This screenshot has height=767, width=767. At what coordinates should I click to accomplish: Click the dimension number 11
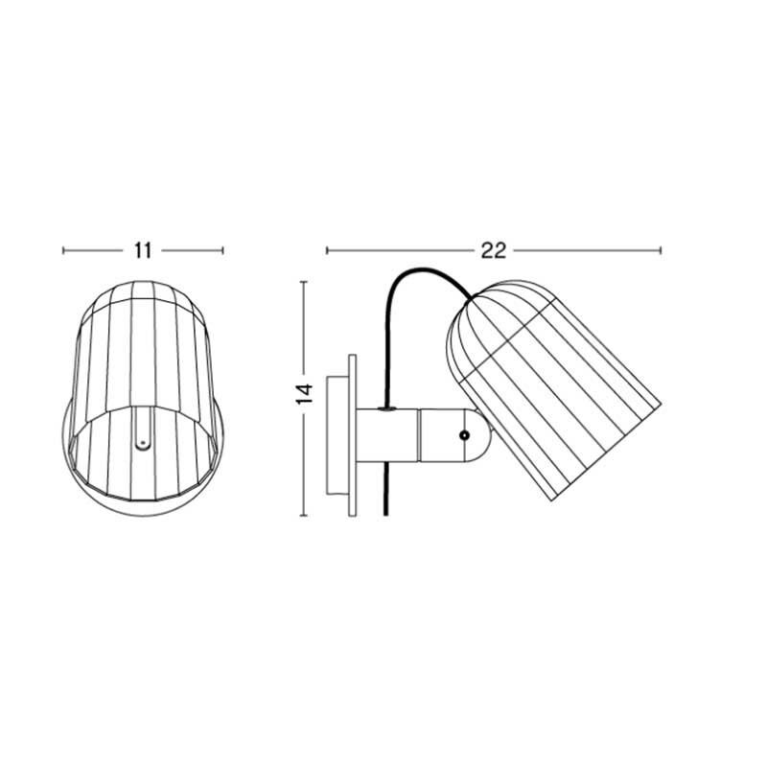click(x=144, y=251)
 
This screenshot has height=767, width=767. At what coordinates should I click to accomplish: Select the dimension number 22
click(x=494, y=251)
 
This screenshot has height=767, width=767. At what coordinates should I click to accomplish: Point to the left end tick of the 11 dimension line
click(x=63, y=251)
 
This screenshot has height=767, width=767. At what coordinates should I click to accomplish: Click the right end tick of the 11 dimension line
click(x=223, y=251)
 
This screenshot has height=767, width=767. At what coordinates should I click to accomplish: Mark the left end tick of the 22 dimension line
click(x=327, y=251)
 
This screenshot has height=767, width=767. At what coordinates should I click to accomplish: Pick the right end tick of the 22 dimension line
click(x=661, y=251)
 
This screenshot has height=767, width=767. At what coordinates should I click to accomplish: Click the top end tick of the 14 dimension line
click(x=304, y=281)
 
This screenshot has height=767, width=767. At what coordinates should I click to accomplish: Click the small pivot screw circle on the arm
click(x=464, y=435)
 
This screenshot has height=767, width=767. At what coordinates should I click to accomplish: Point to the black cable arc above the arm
click(x=422, y=272)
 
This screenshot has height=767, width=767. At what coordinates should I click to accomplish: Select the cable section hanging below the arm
click(x=383, y=489)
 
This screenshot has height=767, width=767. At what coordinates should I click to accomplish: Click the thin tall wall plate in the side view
click(x=353, y=436)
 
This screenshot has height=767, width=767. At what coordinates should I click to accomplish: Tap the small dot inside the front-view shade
click(x=143, y=444)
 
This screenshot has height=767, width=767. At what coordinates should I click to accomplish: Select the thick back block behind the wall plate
click(x=337, y=436)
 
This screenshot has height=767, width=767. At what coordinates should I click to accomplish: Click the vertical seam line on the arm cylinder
click(x=418, y=435)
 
